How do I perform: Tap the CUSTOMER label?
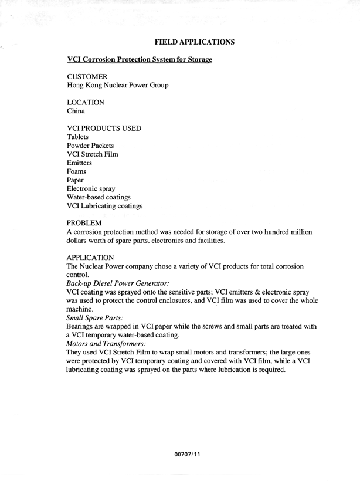click(x=88, y=76)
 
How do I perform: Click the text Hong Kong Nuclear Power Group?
click(x=118, y=86)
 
